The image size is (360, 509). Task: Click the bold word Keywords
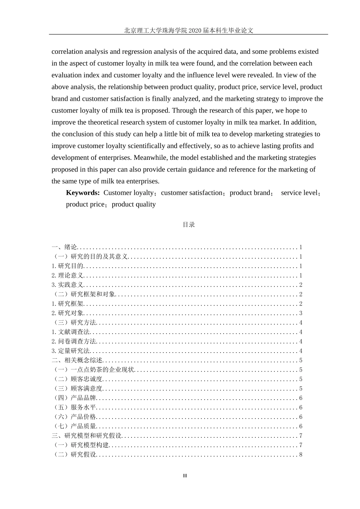[83, 193]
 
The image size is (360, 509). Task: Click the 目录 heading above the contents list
[189, 225]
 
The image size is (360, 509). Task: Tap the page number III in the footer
[185, 476]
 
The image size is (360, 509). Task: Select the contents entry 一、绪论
[64, 247]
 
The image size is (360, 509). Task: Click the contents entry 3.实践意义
[67, 285]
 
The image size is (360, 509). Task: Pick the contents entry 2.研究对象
[67, 313]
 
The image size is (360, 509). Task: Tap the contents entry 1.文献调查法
[70, 332]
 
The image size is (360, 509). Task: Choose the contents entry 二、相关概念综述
[77, 361]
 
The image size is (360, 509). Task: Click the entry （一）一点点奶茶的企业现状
[93, 370]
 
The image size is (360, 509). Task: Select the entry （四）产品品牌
[74, 398]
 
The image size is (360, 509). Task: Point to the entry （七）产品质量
[74, 426]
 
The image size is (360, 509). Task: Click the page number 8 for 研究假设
[301, 455]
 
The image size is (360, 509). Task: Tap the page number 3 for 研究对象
[301, 313]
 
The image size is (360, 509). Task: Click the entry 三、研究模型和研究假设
[87, 436]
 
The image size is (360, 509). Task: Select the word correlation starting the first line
[67, 52]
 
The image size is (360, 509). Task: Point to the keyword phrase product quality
[134, 205]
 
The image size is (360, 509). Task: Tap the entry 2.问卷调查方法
[74, 342]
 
